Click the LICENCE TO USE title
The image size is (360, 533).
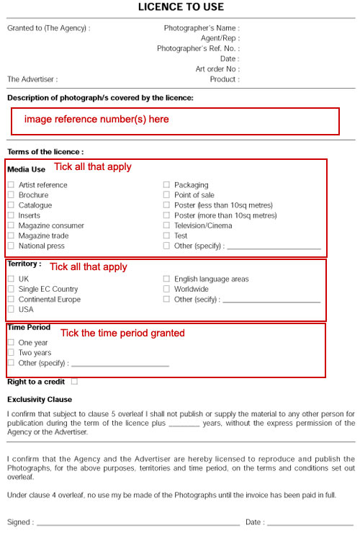[181, 7]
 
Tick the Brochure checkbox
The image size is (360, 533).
[11, 195]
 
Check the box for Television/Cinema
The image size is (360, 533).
[166, 225]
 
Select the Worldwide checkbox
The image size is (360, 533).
[166, 289]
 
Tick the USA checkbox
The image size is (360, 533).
[11, 309]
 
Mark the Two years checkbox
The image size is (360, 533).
[11, 353]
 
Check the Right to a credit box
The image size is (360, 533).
[75, 382]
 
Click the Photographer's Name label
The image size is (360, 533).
[202, 28]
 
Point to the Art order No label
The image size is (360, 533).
[217, 69]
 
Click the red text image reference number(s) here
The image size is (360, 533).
[96, 119]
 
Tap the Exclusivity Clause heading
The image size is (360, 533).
[40, 399]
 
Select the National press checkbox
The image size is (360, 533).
[11, 246]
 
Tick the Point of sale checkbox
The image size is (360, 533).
[166, 195]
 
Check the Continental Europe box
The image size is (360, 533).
[11, 299]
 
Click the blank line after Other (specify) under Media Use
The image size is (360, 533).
[274, 248]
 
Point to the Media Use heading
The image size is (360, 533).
[26, 169]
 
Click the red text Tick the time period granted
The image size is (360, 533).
[122, 333]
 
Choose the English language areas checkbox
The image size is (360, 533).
[166, 279]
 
